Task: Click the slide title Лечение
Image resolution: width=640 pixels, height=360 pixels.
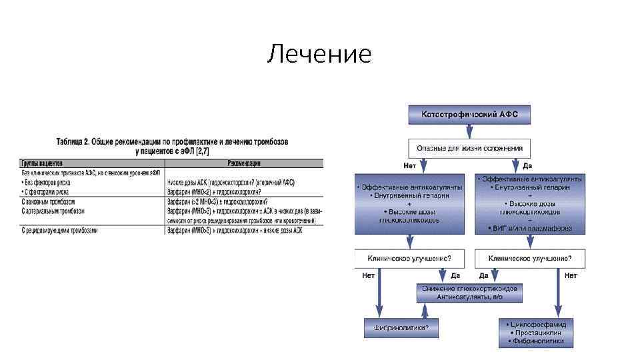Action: point(319,53)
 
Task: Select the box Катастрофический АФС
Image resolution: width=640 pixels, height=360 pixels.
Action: point(469,115)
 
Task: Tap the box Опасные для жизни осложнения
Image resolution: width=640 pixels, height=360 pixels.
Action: point(469,148)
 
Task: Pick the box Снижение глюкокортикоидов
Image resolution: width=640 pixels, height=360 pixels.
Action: point(469,292)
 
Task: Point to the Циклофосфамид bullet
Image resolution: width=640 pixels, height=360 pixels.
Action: point(537,324)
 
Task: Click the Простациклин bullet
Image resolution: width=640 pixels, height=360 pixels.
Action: point(536,332)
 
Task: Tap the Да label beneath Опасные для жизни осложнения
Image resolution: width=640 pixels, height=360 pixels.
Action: point(527,165)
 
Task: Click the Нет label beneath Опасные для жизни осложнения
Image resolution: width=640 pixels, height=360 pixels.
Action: point(411,165)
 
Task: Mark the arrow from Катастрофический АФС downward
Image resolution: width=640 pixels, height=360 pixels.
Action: point(469,131)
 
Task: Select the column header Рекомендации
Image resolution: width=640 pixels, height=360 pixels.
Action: point(244,163)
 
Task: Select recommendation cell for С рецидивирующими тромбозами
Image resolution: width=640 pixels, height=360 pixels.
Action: point(231,230)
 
